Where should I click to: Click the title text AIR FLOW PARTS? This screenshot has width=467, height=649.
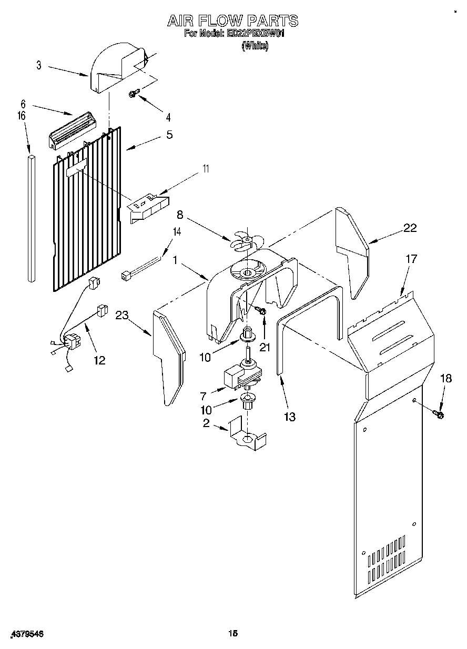click(232, 21)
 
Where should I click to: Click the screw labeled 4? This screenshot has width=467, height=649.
click(133, 94)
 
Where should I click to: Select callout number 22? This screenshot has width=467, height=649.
click(410, 228)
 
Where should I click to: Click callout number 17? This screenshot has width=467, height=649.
click(411, 258)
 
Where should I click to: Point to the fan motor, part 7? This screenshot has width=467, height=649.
click(238, 374)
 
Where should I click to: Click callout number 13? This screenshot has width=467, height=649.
click(289, 417)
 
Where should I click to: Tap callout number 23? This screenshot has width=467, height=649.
click(122, 316)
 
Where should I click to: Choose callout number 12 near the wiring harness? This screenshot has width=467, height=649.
click(99, 360)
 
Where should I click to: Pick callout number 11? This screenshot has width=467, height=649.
click(206, 169)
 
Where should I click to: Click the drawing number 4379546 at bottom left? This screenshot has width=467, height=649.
click(26, 635)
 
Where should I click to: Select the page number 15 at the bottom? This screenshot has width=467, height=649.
click(232, 634)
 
